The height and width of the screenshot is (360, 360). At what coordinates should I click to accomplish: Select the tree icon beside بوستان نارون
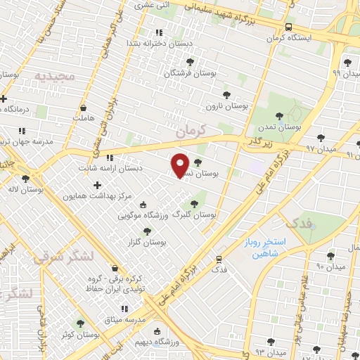click(x=226, y=94)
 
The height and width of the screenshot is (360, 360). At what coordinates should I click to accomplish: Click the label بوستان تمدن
click(x=279, y=129)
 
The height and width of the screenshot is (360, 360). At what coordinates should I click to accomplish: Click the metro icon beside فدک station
click(x=219, y=259)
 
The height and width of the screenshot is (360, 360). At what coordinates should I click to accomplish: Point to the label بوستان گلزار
click(x=143, y=242)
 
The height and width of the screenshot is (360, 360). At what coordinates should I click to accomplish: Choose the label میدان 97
click(x=321, y=149)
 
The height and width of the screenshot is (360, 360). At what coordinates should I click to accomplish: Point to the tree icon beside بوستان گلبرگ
click(x=194, y=204)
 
